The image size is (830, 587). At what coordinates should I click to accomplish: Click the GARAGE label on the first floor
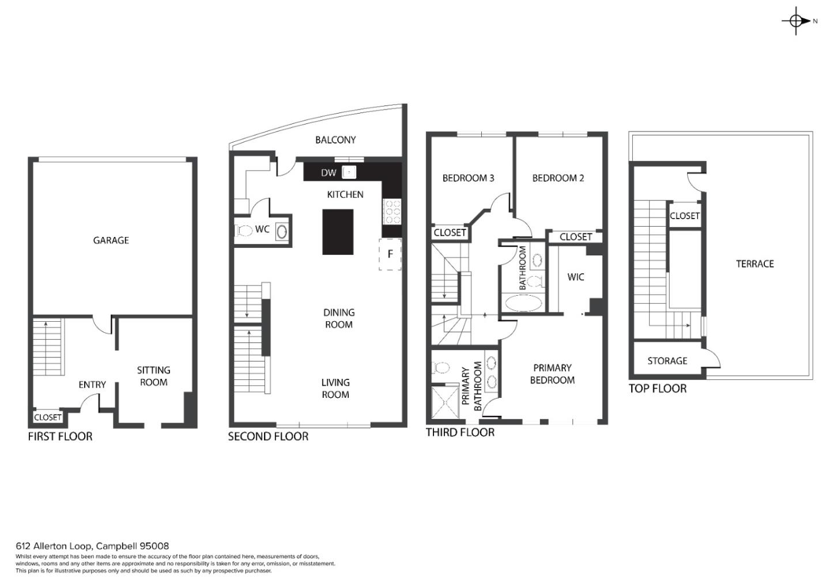pos(111,240)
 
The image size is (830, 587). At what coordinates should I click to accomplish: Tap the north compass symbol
pos(797,21)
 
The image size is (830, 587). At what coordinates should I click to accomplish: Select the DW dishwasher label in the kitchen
pos(329,172)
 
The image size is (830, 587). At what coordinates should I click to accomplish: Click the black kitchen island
pos(338,232)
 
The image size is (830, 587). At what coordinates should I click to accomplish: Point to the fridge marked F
pos(390,254)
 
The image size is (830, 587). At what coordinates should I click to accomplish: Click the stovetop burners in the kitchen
pos(392,212)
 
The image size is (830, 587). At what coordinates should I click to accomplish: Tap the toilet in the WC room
pos(243,231)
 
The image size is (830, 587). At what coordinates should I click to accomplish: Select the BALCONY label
pos(335,140)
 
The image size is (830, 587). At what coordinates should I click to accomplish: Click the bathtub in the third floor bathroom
pos(523,303)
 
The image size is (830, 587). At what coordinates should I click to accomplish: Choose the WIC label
pos(575,277)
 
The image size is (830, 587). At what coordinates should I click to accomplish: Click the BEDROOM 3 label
pos(469,178)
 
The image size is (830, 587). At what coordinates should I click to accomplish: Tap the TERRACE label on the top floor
pos(755,264)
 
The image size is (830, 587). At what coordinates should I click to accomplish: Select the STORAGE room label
pos(667,361)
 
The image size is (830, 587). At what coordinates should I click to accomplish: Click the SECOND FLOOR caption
pos(268,437)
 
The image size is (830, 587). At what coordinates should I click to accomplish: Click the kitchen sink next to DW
pos(349,172)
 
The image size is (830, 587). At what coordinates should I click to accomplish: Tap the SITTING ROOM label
pos(153,376)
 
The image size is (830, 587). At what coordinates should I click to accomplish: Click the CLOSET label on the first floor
pos(47,417)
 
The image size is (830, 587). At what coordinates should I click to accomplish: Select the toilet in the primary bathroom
pos(441,368)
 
